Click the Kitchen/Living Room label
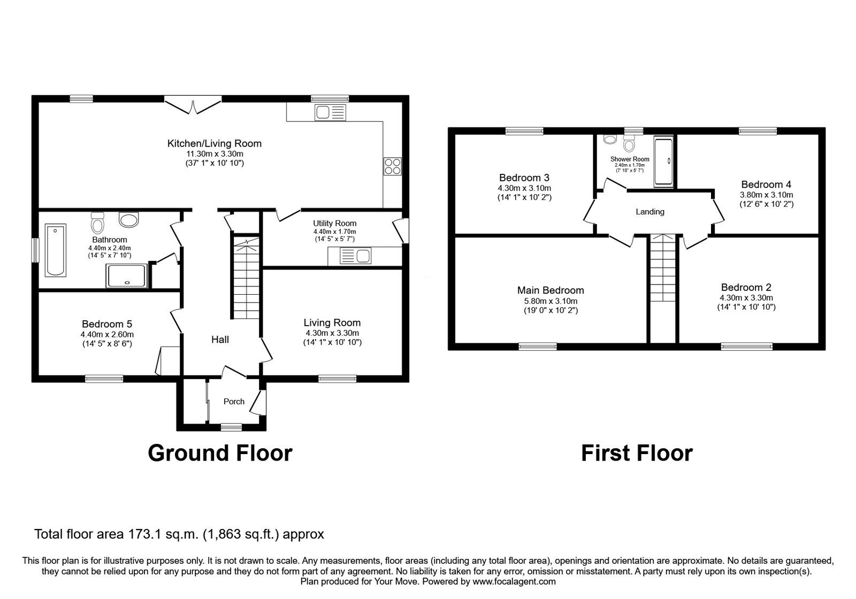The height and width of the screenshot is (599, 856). (x=214, y=143)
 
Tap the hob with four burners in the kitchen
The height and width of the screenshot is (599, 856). (x=392, y=166)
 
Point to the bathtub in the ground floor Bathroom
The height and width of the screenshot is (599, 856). (x=56, y=250)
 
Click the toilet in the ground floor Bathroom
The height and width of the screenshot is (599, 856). (x=97, y=222)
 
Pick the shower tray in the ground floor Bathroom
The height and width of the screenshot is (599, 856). (x=127, y=275)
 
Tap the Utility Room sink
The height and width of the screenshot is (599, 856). (x=349, y=256)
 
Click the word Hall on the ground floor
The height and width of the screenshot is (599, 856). (x=220, y=340)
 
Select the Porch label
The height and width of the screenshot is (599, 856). (x=234, y=402)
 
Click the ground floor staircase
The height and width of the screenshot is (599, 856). (x=247, y=278)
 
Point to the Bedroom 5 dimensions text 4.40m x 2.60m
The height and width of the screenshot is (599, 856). (x=106, y=334)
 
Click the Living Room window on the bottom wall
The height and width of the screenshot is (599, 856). (x=337, y=379)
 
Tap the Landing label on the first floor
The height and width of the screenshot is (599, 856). (x=649, y=212)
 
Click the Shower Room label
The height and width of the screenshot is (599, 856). (x=630, y=159)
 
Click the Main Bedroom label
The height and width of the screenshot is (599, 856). (x=550, y=290)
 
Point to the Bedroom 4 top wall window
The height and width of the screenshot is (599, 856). (x=758, y=130)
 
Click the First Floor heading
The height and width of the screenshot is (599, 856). (x=636, y=454)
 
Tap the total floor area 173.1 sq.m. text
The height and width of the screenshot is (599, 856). (x=179, y=534)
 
